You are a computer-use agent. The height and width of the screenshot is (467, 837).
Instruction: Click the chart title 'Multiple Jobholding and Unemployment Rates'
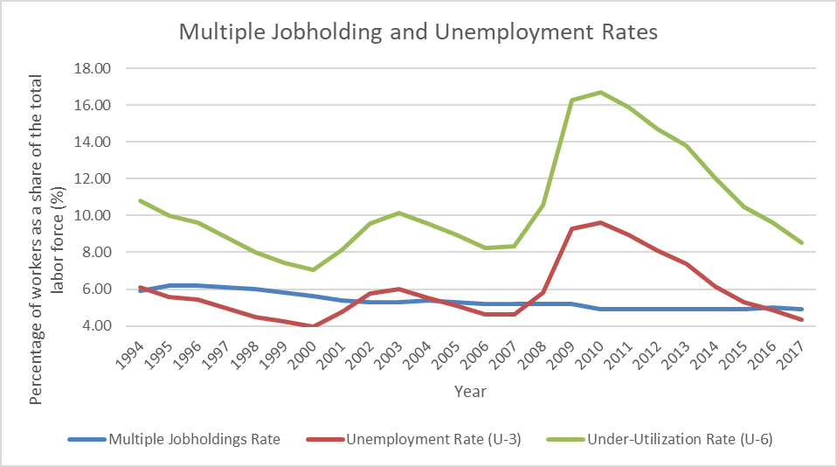pos(418,32)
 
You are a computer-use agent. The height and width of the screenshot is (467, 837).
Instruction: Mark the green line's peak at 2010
pos(599,92)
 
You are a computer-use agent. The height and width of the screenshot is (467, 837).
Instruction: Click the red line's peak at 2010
pos(599,222)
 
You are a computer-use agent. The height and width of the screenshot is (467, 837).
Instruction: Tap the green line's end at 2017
pos(801,243)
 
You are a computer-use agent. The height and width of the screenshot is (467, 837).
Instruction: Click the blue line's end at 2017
pos(801,309)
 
